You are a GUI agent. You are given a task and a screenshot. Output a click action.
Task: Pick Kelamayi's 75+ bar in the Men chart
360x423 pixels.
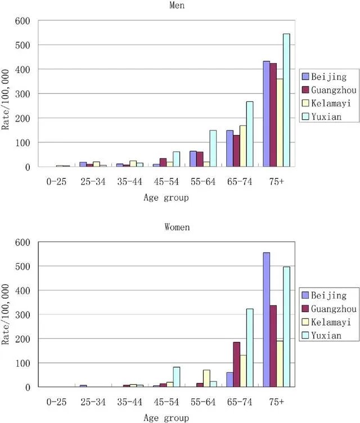(280, 123)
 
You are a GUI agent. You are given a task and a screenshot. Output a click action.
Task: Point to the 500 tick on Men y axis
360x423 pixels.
(26, 45)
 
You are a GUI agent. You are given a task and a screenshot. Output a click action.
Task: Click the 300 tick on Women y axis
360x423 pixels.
(26, 314)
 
